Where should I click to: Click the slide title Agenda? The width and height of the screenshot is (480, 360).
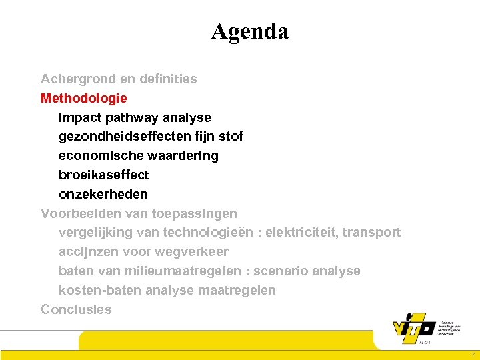[x=250, y=31]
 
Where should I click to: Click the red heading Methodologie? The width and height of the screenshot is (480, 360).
[x=84, y=99]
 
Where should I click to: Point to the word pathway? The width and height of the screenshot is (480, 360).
[x=137, y=118]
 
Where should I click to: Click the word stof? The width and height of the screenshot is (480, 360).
[x=231, y=137]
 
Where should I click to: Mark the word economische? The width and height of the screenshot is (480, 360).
[x=98, y=156]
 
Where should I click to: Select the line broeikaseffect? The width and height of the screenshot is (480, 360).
[x=104, y=175]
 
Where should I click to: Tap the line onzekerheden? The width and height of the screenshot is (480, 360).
[x=103, y=195]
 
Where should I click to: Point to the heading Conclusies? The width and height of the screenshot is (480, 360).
[x=77, y=310]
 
